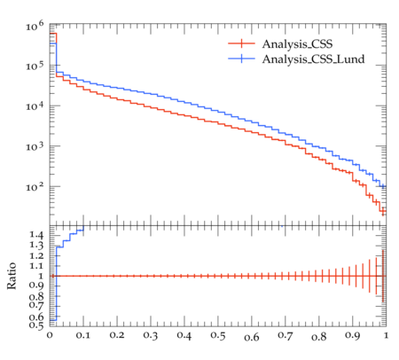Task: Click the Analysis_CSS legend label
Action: pos(297,44)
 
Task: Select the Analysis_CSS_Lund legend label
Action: pos(313,59)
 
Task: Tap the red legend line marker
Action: pos(241,43)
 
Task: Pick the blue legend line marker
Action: pos(241,59)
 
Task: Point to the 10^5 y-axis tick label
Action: pos(35,66)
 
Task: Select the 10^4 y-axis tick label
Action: pos(35,106)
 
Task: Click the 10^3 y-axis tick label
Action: pos(35,146)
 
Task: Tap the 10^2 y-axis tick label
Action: pos(35,186)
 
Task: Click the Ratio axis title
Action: pos(12,276)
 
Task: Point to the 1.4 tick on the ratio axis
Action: pos(36,235)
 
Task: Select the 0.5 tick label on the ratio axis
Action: pos(36,325)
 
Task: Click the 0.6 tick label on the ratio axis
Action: pos(36,317)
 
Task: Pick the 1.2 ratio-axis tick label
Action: pos(36,255)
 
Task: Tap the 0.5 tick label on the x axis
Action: pos(218,335)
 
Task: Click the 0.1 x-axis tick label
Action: pos(83,335)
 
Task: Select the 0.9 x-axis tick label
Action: pos(353,335)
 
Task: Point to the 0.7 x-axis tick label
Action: pos(286,335)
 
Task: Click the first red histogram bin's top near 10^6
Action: pos(53,34)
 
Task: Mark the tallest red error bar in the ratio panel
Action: pos(383,276)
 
